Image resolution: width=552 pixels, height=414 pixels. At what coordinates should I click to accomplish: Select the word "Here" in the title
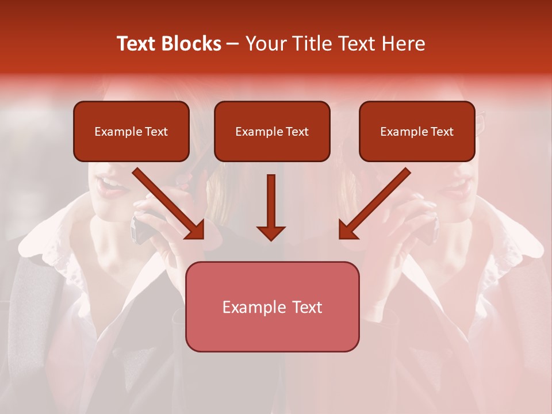click(x=404, y=44)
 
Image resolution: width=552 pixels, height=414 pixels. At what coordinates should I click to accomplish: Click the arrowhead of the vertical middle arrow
click(x=271, y=232)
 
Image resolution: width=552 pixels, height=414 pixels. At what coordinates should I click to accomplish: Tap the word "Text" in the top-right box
click(x=442, y=132)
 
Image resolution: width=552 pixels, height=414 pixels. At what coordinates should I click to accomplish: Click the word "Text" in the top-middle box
click(x=297, y=132)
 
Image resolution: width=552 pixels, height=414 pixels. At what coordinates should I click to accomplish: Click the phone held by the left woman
click(x=141, y=227)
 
